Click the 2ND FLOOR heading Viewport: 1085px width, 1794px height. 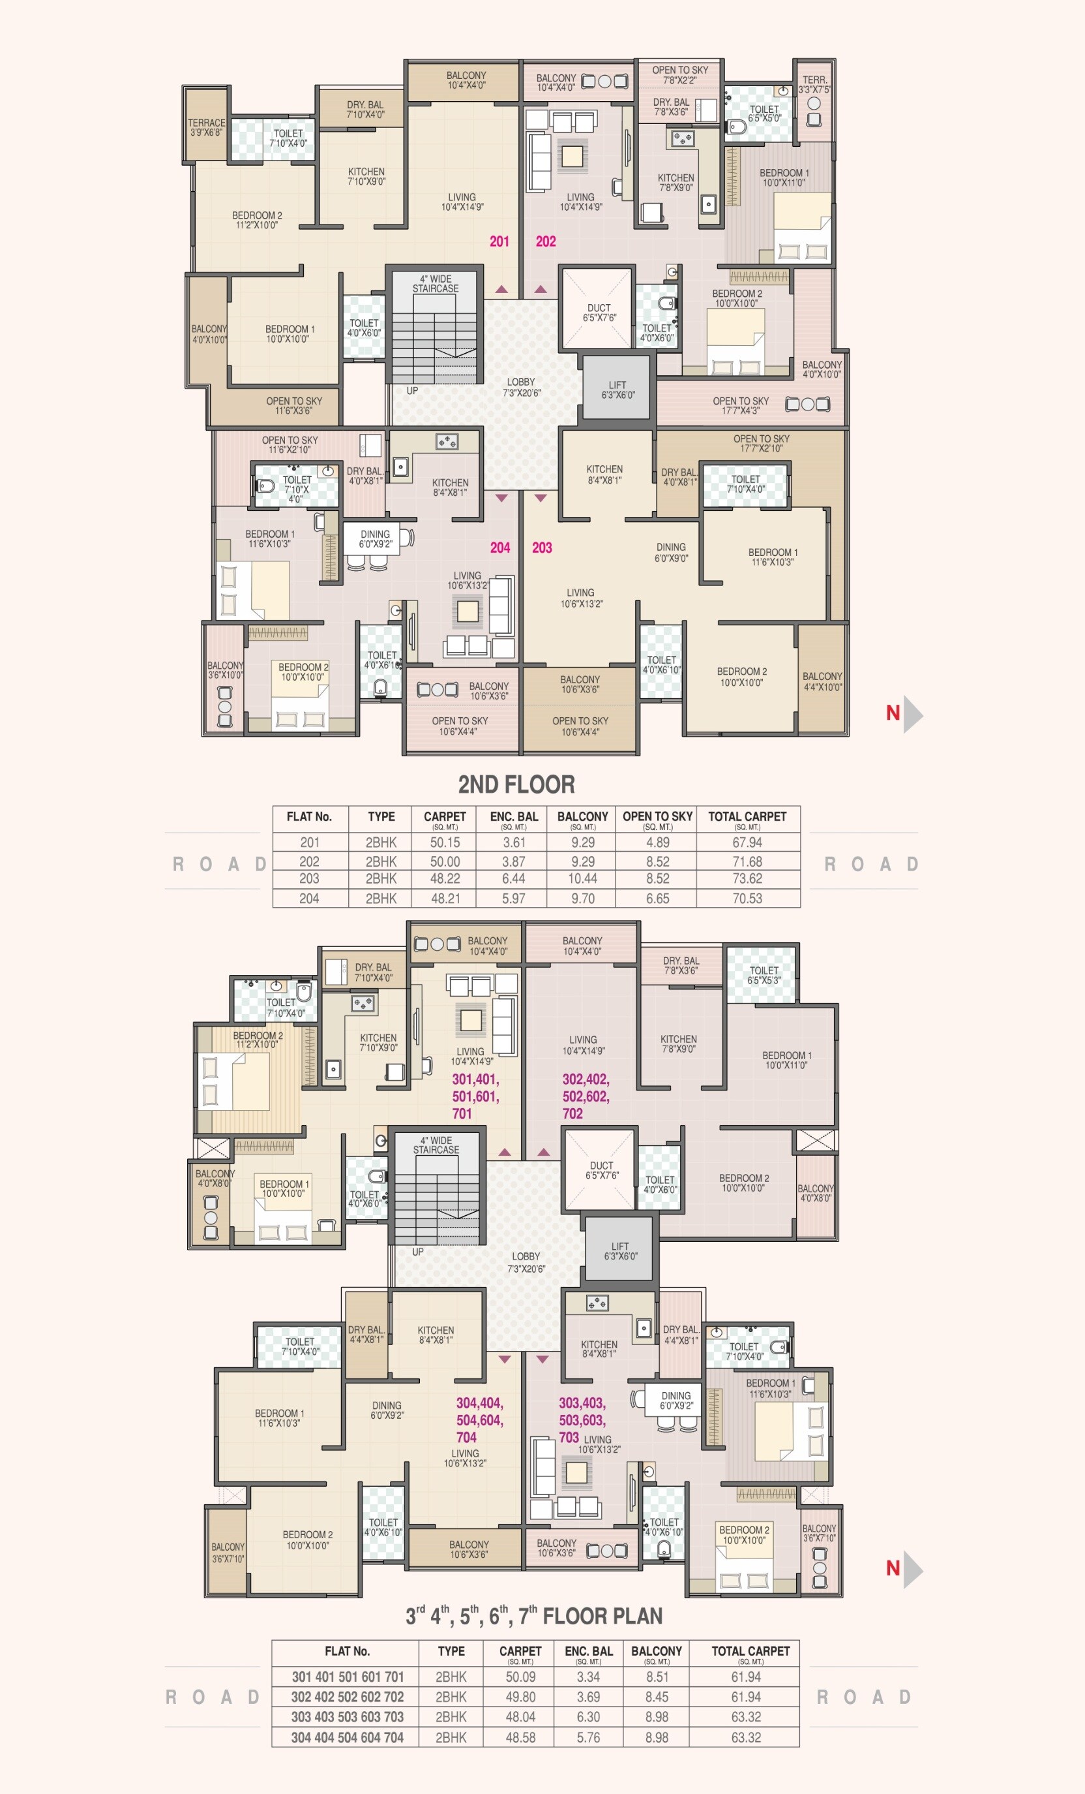pyautogui.click(x=516, y=784)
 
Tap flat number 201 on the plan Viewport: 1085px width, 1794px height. pyautogui.click(x=499, y=241)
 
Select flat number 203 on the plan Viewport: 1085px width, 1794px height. pyautogui.click(x=541, y=548)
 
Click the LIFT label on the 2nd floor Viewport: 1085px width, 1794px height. pyautogui.click(x=617, y=390)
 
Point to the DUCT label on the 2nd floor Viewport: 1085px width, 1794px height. pyautogui.click(x=598, y=313)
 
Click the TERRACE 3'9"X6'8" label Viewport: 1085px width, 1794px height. pyautogui.click(x=206, y=127)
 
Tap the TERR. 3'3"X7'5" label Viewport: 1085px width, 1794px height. pyautogui.click(x=814, y=84)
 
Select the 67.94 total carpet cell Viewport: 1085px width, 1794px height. pyautogui.click(x=747, y=843)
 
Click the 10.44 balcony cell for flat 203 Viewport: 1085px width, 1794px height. pyautogui.click(x=582, y=879)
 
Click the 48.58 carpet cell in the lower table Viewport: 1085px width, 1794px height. pyautogui.click(x=520, y=1737)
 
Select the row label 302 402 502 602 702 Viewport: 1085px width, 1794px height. pyautogui.click(x=347, y=1697)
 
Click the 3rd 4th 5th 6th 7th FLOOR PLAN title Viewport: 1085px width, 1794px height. pyautogui.click(x=533, y=1616)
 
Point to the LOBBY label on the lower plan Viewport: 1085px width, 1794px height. pyautogui.click(x=526, y=1261)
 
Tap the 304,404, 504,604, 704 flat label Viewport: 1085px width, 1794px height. pyautogui.click(x=479, y=1420)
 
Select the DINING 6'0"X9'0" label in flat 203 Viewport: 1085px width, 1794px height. pyautogui.click(x=670, y=552)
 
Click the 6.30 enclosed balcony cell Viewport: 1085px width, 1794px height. pyautogui.click(x=588, y=1717)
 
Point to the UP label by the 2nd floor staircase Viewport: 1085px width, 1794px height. pyautogui.click(x=412, y=390)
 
